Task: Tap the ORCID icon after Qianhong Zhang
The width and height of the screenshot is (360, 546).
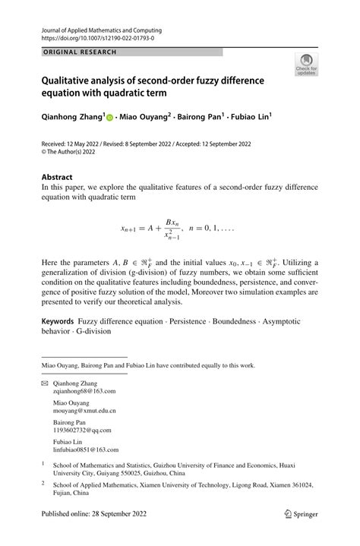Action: click(x=109, y=118)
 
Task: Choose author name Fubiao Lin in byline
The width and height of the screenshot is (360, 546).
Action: click(x=246, y=118)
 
